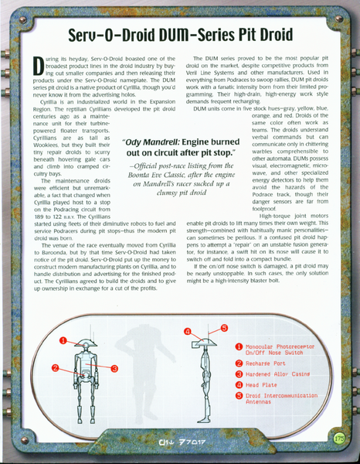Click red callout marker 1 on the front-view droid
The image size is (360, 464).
coord(64,338)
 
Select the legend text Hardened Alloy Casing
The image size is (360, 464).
coord(282,373)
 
